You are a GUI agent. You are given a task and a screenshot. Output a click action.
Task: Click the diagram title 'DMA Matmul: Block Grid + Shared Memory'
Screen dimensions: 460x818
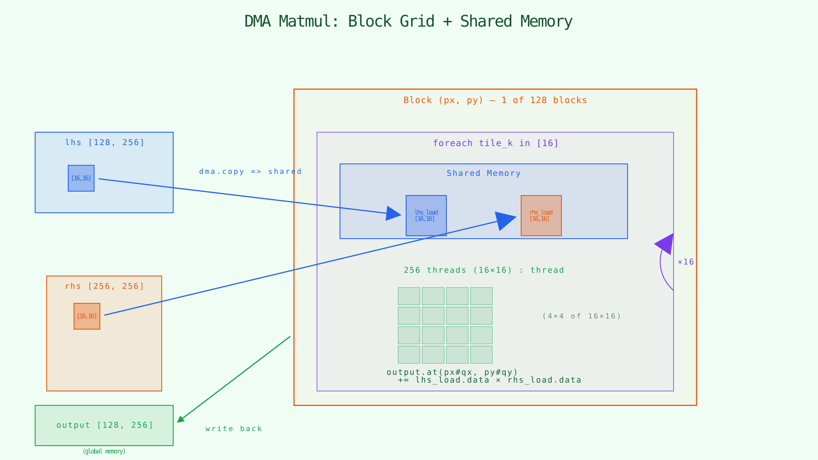pos(408,21)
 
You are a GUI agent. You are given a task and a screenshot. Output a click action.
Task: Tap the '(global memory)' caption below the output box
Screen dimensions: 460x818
pos(104,451)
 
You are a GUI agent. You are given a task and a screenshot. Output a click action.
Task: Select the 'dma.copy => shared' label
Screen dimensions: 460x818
pos(251,172)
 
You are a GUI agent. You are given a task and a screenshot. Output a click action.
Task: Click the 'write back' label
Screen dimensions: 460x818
pos(233,429)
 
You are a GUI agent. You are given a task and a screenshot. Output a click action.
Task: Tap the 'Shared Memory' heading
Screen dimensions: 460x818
pos(484,173)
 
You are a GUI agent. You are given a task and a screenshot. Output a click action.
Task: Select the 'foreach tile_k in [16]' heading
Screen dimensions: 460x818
pos(495,143)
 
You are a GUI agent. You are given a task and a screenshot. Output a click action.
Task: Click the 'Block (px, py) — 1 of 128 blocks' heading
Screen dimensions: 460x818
pos(495,100)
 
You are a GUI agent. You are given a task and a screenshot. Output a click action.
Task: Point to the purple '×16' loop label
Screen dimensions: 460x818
pos(686,262)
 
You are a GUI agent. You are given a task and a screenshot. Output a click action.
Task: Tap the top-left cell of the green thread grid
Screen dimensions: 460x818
pos(409,296)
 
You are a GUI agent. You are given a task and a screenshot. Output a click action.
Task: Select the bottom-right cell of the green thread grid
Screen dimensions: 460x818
pos(481,355)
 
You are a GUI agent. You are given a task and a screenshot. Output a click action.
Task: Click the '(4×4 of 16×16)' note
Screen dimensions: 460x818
pos(582,316)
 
